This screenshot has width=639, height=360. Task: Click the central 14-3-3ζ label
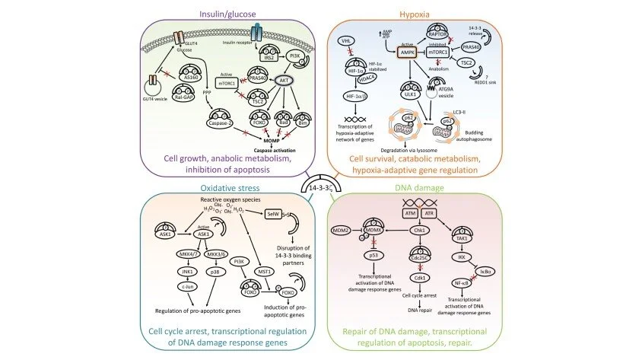pyautogui.click(x=319, y=186)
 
